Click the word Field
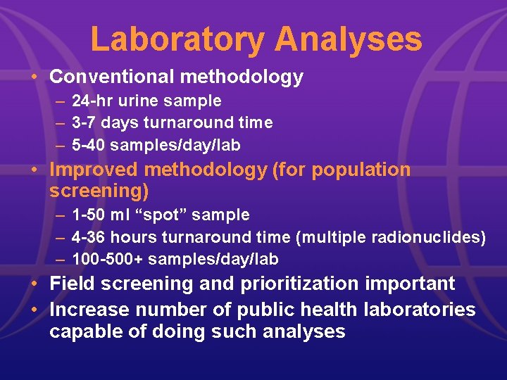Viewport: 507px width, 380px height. click(x=73, y=284)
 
